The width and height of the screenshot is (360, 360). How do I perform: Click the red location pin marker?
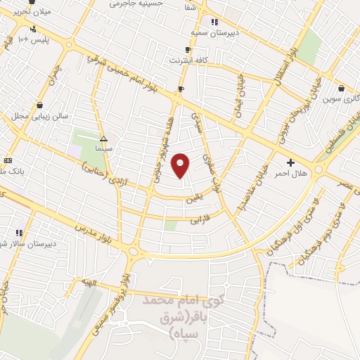181,165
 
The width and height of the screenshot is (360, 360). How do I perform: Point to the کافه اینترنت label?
187,60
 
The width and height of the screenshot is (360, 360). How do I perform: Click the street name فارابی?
200,220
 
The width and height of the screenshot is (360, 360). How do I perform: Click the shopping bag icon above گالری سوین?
341,89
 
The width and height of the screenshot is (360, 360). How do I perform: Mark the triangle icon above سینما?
103,139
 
